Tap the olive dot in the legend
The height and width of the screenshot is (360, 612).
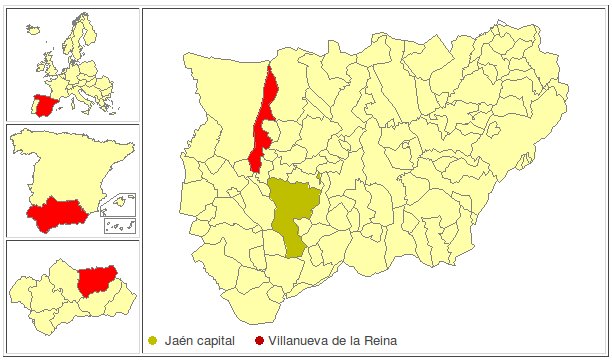[153, 342]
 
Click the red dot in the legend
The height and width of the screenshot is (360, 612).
[259, 342]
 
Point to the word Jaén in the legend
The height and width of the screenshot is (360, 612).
[177, 342]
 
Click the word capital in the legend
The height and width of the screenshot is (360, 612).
[217, 342]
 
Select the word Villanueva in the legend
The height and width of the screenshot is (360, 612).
[297, 342]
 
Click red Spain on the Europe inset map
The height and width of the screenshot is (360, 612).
[43, 103]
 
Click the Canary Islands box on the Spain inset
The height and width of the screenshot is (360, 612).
[120, 225]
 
